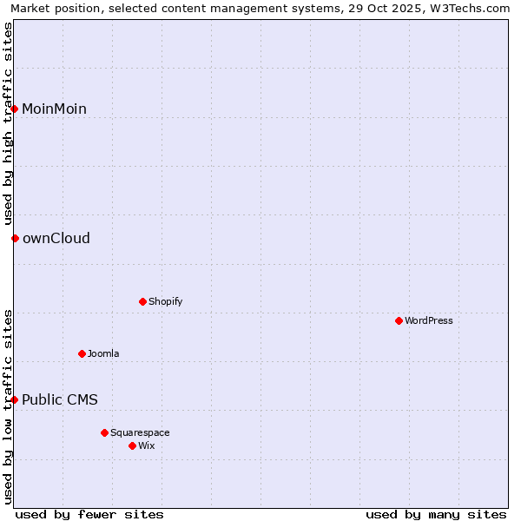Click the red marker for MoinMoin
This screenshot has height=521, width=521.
pyautogui.click(x=15, y=109)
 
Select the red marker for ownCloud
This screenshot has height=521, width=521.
pyautogui.click(x=15, y=238)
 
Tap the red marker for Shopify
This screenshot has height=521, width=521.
pyautogui.click(x=142, y=301)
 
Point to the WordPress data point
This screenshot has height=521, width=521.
pyautogui.click(x=399, y=320)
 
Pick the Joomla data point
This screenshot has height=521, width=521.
pyautogui.click(x=82, y=353)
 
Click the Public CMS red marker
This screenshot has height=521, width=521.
pyautogui.click(x=15, y=399)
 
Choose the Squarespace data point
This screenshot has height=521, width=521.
pyautogui.click(x=104, y=432)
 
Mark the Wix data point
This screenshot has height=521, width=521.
pyautogui.click(x=132, y=445)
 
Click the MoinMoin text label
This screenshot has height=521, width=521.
pyautogui.click(x=54, y=109)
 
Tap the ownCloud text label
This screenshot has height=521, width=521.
pyautogui.click(x=56, y=238)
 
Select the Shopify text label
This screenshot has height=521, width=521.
pyautogui.click(x=165, y=301)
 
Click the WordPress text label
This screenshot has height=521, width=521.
pyautogui.click(x=428, y=320)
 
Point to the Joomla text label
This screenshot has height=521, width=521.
pyautogui.click(x=103, y=353)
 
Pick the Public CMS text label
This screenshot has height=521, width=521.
pyautogui.click(x=60, y=399)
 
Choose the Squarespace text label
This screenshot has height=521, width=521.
pyautogui.click(x=140, y=432)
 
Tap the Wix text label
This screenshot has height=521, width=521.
pyautogui.click(x=146, y=445)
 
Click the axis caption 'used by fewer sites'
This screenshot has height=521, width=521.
pyautogui.click(x=89, y=514)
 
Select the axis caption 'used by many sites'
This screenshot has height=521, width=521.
pyautogui.click(x=436, y=514)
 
